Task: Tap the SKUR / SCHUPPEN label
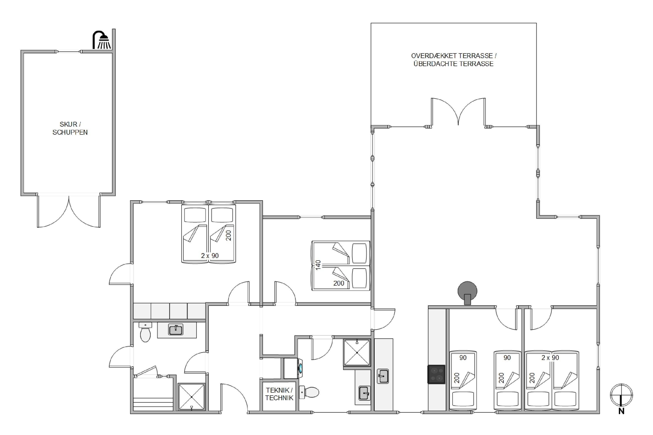click(70, 128)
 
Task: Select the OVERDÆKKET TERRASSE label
click(454, 56)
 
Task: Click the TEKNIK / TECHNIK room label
click(279, 394)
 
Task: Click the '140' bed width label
click(318, 265)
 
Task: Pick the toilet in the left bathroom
click(145, 332)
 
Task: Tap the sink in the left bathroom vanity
click(176, 330)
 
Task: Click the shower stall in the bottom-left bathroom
click(192, 397)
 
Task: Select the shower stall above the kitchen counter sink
click(357, 353)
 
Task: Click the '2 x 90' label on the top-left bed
click(210, 256)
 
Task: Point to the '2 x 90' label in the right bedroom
click(550, 358)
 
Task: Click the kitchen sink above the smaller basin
click(383, 376)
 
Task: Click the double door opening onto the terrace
click(458, 112)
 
